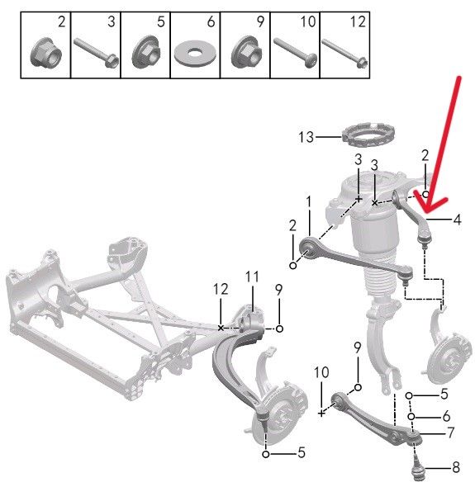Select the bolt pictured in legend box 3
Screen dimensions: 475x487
96,52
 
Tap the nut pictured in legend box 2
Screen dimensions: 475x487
46,53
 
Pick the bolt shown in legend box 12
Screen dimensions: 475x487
344,53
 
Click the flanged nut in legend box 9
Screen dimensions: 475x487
245,53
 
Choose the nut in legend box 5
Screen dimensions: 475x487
145,52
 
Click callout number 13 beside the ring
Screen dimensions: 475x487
306,137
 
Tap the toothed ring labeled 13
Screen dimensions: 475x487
368,135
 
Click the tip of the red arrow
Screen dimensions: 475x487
426,213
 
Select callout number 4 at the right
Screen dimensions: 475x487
457,220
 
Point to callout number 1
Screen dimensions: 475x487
308,202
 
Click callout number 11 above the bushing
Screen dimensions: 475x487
252,277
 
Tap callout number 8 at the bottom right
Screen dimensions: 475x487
456,467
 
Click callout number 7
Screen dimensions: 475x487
451,433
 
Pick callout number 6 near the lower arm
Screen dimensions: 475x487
446,416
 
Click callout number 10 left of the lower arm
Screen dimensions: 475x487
321,372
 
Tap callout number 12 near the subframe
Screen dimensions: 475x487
221,289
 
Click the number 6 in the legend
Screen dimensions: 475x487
211,21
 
